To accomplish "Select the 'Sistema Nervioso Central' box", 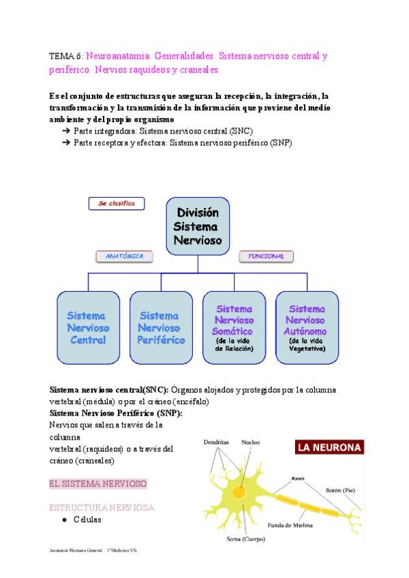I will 88,327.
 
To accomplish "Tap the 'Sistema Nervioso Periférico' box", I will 161,327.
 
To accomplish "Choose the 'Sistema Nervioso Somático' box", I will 234,327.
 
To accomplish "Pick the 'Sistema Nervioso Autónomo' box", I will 307,327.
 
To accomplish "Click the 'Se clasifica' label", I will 116,203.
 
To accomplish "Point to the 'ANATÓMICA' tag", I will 124,256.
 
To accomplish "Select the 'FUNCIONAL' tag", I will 266,256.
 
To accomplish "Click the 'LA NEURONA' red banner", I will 329,448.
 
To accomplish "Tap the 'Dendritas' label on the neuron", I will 217,442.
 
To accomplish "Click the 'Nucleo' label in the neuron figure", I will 250,442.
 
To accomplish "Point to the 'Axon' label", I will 298,478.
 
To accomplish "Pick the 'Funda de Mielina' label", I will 290,525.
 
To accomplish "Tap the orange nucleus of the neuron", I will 239,491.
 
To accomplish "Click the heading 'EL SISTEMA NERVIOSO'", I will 98,483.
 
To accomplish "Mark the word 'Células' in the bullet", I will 87,519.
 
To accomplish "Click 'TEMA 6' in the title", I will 66,56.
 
